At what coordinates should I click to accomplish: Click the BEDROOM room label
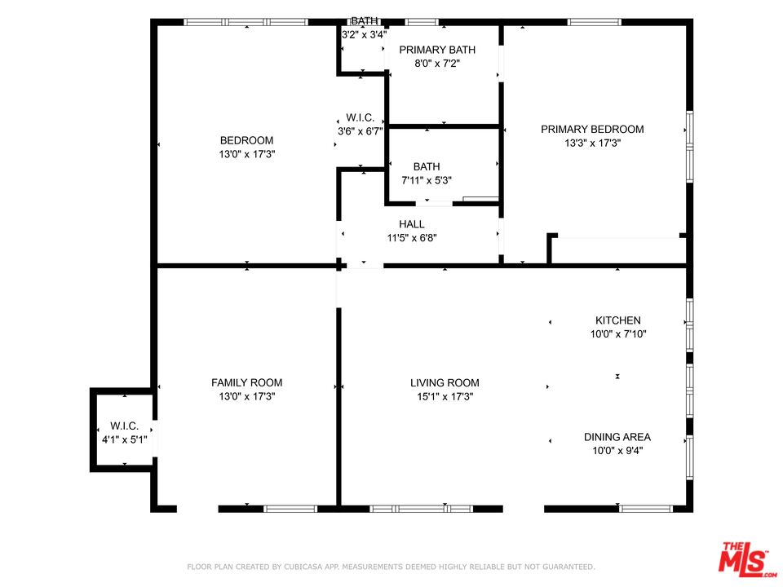coord(246,140)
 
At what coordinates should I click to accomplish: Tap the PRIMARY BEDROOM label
coord(592,129)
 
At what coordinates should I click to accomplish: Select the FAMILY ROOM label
coord(246,382)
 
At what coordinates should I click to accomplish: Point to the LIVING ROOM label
coord(445,382)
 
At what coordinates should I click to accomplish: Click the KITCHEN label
coord(617,320)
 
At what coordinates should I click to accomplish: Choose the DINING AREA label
coord(617,437)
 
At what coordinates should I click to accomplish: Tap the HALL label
coord(411,224)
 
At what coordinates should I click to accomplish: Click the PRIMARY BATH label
coord(437,50)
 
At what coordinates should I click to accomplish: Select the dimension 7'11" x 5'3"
coord(427,180)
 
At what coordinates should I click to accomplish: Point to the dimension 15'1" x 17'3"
coord(445,396)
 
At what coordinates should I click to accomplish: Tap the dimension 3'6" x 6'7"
coord(360,130)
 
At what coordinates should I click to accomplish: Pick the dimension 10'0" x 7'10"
coord(617,333)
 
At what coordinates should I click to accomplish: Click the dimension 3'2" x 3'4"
coord(363,35)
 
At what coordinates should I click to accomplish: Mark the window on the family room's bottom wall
coord(290,509)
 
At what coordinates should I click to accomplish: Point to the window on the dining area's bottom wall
coord(645,509)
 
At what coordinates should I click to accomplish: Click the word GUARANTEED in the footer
coord(566,567)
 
